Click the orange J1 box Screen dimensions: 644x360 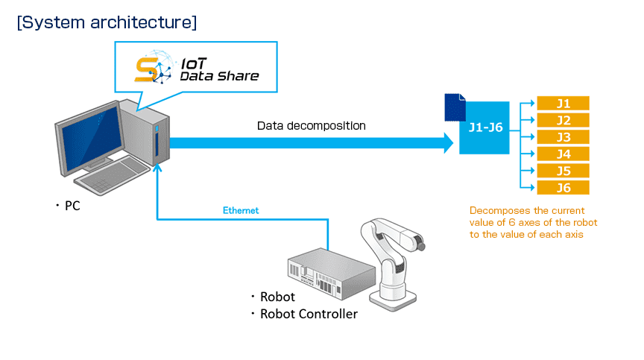(563, 103)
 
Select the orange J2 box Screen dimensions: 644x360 (563, 120)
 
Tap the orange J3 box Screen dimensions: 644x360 (563, 136)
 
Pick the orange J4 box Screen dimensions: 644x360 (563, 154)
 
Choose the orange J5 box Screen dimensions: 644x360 (563, 171)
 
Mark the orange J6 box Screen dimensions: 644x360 (563, 188)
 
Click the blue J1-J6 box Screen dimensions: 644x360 (484, 127)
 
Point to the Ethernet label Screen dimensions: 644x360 (241, 211)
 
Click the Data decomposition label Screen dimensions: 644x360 (312, 126)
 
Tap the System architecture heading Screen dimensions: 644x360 (107, 22)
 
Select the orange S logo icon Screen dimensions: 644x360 (147, 70)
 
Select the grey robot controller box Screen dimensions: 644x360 (331, 274)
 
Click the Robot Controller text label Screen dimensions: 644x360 (309, 314)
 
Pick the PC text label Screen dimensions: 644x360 (72, 206)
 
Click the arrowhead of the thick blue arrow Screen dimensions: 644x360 (449, 143)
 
